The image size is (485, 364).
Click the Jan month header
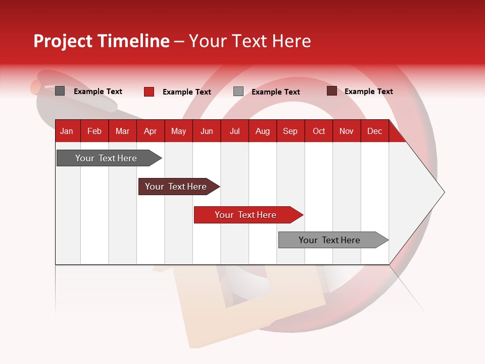(67, 131)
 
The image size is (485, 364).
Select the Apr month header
(150, 131)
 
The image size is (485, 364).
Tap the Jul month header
(234, 131)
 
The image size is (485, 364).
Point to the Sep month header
(290, 131)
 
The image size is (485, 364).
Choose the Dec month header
(374, 131)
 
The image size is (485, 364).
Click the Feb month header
(94, 131)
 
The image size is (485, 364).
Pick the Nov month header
(346, 131)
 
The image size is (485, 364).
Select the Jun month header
(206, 131)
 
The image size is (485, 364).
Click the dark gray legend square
(60, 91)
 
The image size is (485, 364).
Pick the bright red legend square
(149, 92)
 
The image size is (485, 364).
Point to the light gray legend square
(238, 92)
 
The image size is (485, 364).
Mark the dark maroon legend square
(332, 91)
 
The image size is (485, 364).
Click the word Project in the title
(63, 41)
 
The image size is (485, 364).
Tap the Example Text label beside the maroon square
(368, 92)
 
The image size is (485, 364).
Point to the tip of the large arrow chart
(443, 192)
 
